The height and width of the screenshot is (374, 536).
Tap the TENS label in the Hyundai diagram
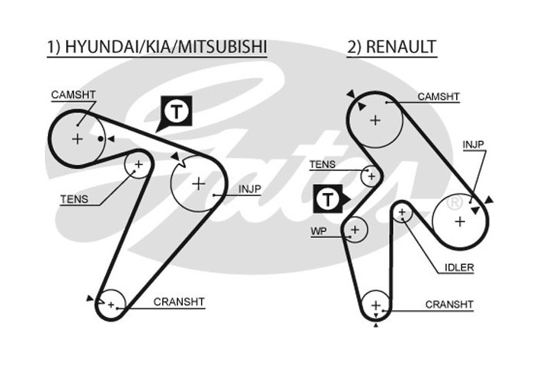coord(74,200)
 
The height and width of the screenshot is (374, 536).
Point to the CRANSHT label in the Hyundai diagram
coord(179,302)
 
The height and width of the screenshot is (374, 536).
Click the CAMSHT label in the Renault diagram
coord(439,97)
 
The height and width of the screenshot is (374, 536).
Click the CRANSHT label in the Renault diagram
coord(449,305)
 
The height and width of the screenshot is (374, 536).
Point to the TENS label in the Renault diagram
coord(323,163)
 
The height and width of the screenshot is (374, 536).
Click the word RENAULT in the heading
coord(401,47)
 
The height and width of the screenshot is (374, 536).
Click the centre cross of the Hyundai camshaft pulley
coord(77,138)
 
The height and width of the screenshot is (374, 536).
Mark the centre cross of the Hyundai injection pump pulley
coord(199,183)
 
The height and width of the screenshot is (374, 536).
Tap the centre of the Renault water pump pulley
coord(354,228)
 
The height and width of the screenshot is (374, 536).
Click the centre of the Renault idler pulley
coord(401,214)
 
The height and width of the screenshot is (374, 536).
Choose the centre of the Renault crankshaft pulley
coord(375,306)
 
